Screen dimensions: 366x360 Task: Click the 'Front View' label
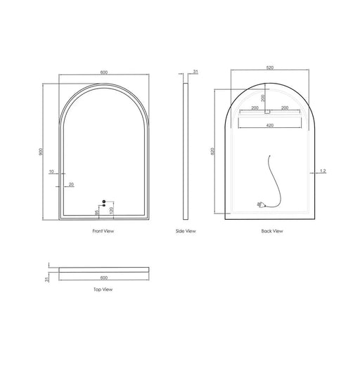coord(103,230)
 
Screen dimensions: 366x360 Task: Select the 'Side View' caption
coord(186,230)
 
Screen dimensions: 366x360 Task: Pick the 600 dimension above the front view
coord(103,72)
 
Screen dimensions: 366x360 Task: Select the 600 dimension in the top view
coord(103,277)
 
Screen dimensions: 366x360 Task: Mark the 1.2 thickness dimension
coord(322,171)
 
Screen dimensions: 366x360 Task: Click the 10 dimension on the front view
coord(51,171)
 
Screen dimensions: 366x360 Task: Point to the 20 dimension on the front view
coord(71,184)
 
